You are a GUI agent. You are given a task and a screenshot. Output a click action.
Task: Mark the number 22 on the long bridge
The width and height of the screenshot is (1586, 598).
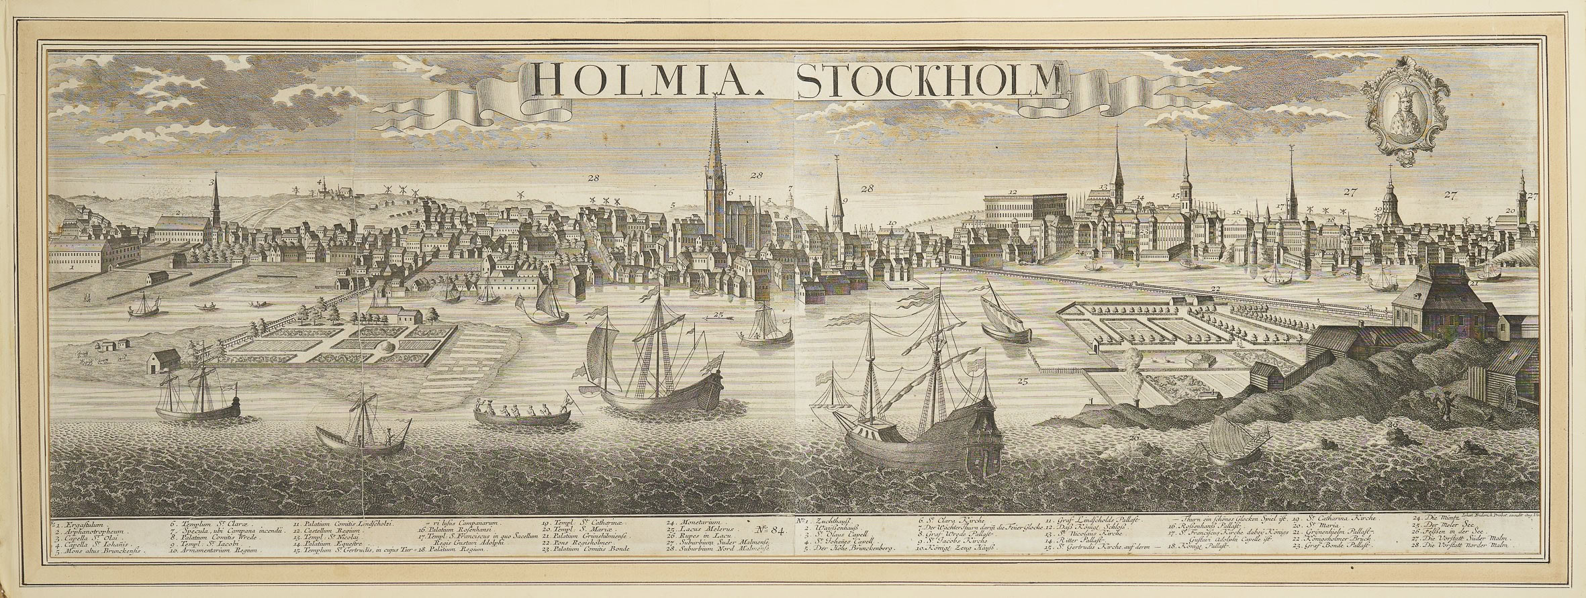point(1215,290)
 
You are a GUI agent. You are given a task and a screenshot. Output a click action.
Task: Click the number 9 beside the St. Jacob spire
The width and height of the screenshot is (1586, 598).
point(845,200)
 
